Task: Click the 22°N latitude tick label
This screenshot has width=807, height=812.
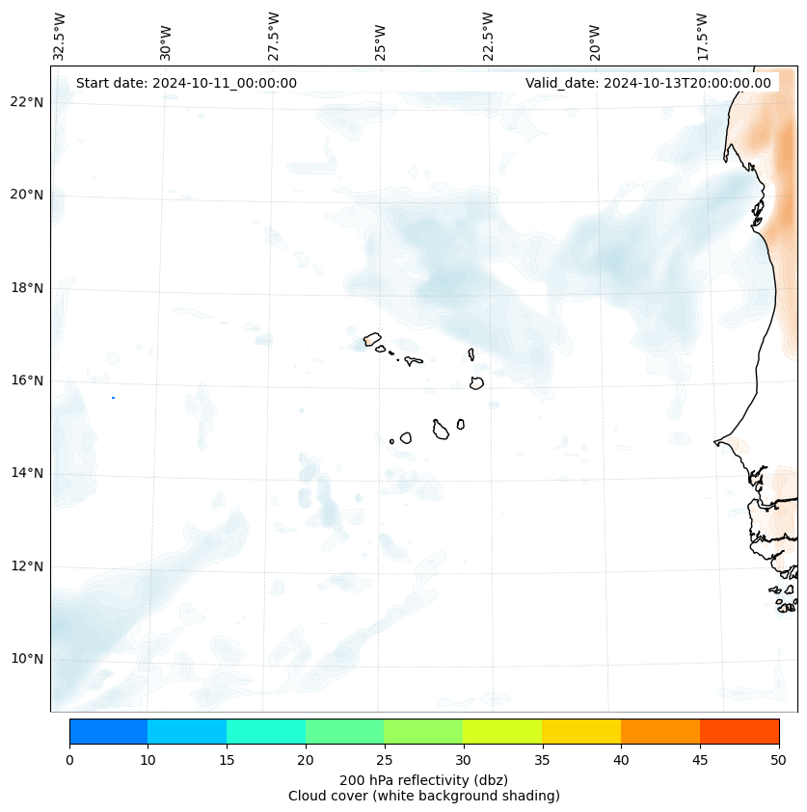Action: pos(26,102)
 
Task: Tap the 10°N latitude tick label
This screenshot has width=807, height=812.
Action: pos(26,660)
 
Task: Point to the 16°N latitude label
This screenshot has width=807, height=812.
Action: pos(26,380)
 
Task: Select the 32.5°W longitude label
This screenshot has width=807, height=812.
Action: pos(59,36)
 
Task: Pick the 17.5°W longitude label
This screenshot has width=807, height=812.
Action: pos(703,36)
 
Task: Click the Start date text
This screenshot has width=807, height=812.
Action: pos(186,83)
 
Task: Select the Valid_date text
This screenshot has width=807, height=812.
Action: pos(648,83)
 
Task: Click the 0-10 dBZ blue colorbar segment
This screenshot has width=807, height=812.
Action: pos(108,731)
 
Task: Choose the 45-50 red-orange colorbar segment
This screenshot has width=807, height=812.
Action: pos(740,731)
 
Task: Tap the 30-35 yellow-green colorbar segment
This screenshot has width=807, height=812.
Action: pos(502,731)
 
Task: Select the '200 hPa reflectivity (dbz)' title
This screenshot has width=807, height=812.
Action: pos(423,779)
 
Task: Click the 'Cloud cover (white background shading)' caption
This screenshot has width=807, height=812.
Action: pos(423,796)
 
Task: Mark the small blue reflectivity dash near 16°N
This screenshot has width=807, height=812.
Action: pos(113,398)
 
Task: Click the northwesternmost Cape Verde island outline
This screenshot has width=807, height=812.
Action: pos(372,339)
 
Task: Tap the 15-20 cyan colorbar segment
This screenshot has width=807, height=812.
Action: pos(266,731)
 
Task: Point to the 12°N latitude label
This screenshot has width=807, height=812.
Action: pos(26,566)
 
